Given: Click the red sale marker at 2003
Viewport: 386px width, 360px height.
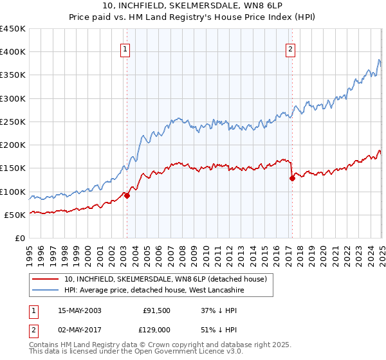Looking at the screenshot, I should pyautogui.click(x=127, y=196).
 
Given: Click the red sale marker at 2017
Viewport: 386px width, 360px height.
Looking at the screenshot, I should pyautogui.click(x=292, y=179).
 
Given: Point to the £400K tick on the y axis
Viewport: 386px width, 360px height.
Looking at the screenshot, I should pyautogui.click(x=14, y=52).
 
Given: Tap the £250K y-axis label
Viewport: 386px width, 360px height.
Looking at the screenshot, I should pyautogui.click(x=14, y=122).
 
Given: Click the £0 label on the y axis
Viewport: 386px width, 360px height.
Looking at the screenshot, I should pyautogui.click(x=19, y=238).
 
